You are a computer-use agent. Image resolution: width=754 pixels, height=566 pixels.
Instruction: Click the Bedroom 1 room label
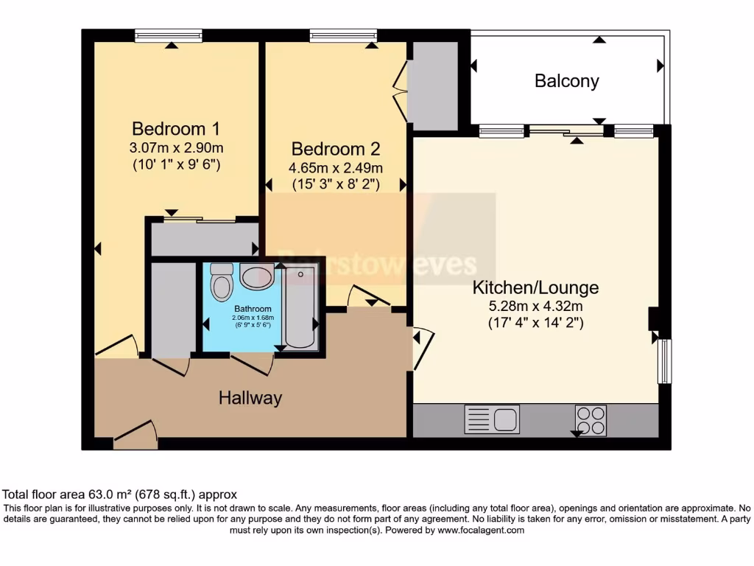(175, 128)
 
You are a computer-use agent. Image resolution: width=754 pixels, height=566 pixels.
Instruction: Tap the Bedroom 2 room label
(335, 149)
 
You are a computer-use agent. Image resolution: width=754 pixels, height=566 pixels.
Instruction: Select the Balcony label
(566, 81)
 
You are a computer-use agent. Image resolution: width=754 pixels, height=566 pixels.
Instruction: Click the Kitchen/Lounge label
(535, 287)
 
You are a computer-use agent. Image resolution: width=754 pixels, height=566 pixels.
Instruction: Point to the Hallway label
(250, 399)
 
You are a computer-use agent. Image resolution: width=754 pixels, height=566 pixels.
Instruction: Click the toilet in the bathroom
(220, 281)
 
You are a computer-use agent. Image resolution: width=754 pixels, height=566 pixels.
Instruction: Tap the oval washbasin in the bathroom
(256, 278)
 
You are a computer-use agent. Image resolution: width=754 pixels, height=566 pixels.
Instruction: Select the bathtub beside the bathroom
(300, 308)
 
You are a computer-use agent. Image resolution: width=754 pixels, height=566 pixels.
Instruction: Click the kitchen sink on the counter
(492, 419)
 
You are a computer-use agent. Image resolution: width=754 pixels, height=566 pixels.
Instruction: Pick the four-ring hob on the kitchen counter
(591, 420)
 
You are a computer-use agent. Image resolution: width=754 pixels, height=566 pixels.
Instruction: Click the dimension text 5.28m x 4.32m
(535, 305)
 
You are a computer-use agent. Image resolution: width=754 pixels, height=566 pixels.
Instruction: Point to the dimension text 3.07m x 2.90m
(175, 147)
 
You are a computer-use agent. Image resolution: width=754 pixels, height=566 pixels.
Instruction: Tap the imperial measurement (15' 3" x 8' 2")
(335, 185)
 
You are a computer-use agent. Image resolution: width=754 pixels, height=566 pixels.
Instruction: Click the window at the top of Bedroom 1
(169, 35)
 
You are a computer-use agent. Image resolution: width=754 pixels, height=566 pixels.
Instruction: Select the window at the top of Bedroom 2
(343, 35)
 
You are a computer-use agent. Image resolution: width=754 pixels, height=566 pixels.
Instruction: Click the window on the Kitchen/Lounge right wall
(664, 361)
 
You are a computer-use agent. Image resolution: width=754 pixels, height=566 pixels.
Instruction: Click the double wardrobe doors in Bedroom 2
(401, 91)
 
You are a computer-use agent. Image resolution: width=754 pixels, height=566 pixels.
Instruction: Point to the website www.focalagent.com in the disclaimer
(480, 530)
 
